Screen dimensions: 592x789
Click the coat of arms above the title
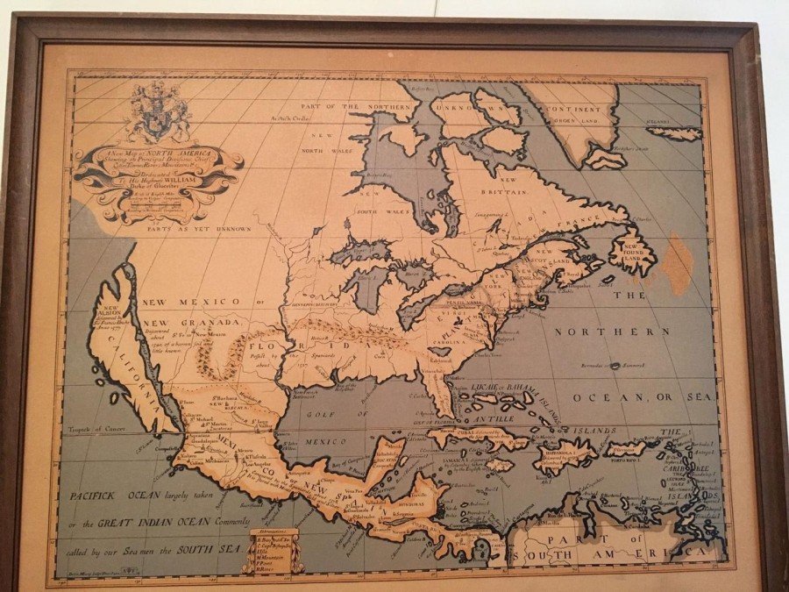pyautogui.click(x=159, y=111)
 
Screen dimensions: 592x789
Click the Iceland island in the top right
pyautogui.click(x=675, y=134)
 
